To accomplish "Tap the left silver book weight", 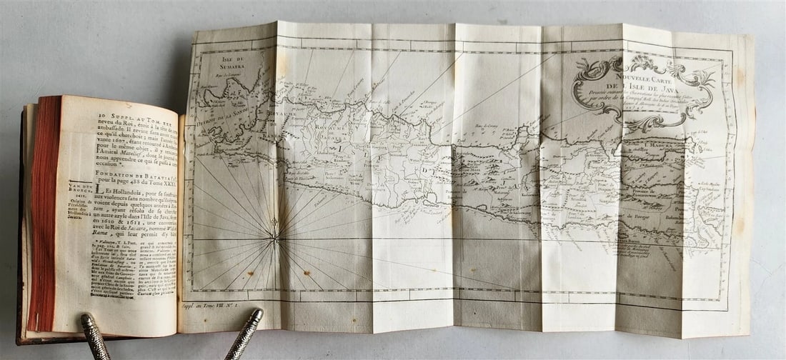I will [x=95, y=336].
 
